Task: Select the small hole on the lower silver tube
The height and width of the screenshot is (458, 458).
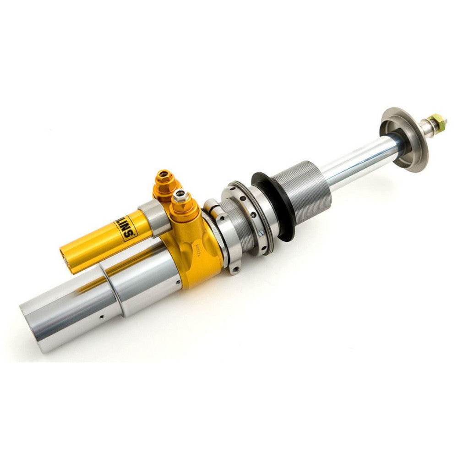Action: coord(102,316)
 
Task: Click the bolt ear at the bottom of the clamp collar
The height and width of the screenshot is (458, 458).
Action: coord(234,268)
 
